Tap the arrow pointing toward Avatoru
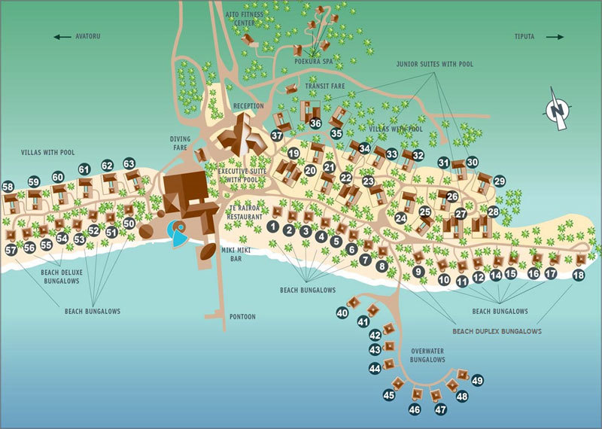[x=62, y=37]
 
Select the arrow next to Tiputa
[x=555, y=37]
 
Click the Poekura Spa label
[x=314, y=61]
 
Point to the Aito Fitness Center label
[x=245, y=19]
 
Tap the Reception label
[x=249, y=106]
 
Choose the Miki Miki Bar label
[x=236, y=254]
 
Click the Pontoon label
[x=242, y=317]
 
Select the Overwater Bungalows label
[x=427, y=355]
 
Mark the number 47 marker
[x=440, y=409]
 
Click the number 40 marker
[x=342, y=313]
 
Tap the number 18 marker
[x=579, y=275]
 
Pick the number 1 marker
[x=273, y=227]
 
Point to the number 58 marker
[x=8, y=187]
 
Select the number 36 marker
[x=315, y=123]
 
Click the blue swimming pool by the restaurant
[x=177, y=233]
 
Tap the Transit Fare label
[x=325, y=86]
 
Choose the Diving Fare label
[x=180, y=143]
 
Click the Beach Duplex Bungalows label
[x=497, y=331]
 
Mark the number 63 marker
[x=129, y=163]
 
